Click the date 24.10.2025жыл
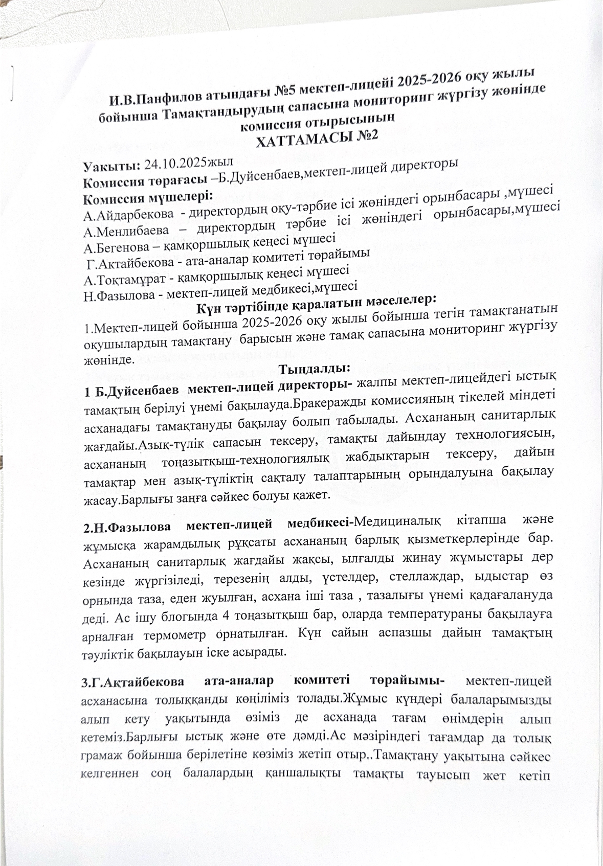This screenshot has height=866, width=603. pyautogui.click(x=189, y=164)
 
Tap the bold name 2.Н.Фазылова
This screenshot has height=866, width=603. pyautogui.click(x=128, y=526)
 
